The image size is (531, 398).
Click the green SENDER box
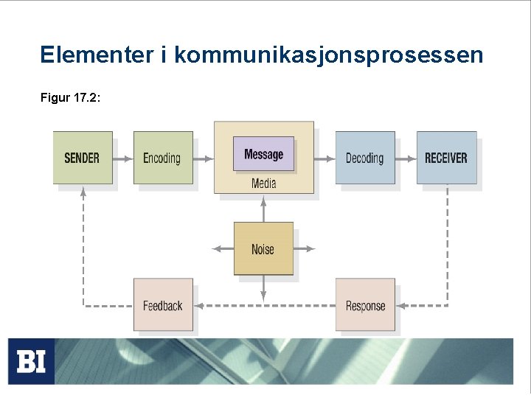pyautogui.click(x=83, y=158)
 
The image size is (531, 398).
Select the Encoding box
pyautogui.click(x=162, y=158)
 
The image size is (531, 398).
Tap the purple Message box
pyautogui.click(x=263, y=154)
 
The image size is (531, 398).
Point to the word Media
pyautogui.click(x=263, y=183)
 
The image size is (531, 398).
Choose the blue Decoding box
pyautogui.click(x=364, y=158)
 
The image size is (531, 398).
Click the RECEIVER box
pyautogui.click(x=446, y=158)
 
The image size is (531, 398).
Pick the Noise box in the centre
pyautogui.click(x=263, y=249)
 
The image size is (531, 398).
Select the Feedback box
pyautogui.click(x=163, y=305)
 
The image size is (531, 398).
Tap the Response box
pyautogui.click(x=365, y=305)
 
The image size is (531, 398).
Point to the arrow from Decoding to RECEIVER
pyautogui.click(x=406, y=158)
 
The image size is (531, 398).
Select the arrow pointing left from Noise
pyautogui.click(x=222, y=249)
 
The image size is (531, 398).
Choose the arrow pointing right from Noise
pyautogui.click(x=305, y=249)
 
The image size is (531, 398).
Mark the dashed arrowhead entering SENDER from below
pyautogui.click(x=83, y=191)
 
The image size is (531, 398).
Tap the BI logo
pyautogui.click(x=31, y=361)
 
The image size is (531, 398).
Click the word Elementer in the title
pyautogui.click(x=96, y=55)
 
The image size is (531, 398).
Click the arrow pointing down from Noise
pyautogui.click(x=263, y=289)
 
